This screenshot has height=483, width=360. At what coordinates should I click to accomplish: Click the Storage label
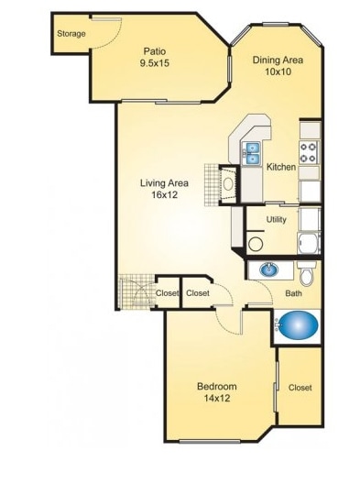coord(71,34)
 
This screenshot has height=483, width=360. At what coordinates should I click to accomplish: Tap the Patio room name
coord(154,51)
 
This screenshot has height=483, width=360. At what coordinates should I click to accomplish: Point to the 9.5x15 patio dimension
coord(154,64)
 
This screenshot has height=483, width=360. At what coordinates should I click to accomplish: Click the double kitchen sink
coord(252,153)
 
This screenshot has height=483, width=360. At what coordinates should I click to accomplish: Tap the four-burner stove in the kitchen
coord(310,152)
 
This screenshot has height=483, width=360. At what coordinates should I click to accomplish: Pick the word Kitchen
coord(280,168)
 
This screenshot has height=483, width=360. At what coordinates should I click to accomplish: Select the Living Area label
coord(163,182)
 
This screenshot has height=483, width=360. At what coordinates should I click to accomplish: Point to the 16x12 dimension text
coord(163,195)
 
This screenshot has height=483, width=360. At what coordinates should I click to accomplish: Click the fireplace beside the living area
coord(227,183)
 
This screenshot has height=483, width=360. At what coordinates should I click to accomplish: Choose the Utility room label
coord(276,220)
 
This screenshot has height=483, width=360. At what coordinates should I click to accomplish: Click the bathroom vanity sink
coord(268,270)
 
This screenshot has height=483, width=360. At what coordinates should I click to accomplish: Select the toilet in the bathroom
coord(309,272)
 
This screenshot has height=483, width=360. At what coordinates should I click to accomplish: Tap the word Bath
coord(293,293)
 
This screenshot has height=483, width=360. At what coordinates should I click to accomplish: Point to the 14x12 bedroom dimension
coord(217,400)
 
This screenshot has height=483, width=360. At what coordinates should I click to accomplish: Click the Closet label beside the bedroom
coord(300,388)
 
